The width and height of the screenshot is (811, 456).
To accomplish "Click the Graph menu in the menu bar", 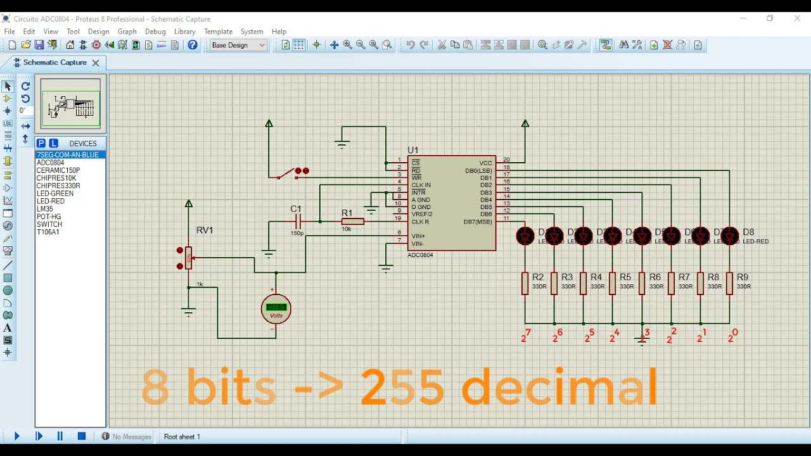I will pyautogui.click(x=127, y=31).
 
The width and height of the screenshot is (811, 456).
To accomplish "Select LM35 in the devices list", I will pyautogui.click(x=44, y=209).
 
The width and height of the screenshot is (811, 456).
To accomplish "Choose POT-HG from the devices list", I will pyautogui.click(x=48, y=217).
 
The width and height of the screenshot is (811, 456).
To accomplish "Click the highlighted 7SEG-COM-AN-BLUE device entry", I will pyautogui.click(x=67, y=155).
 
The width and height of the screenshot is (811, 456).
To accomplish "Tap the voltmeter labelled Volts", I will pyautogui.click(x=276, y=308).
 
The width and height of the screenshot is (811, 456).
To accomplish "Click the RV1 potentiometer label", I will pyautogui.click(x=204, y=231).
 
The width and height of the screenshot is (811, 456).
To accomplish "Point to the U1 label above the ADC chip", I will pyautogui.click(x=412, y=150).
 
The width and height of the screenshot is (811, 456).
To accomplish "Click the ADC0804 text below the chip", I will pyautogui.click(x=421, y=255).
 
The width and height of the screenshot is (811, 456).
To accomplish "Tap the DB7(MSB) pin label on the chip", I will pyautogui.click(x=478, y=222).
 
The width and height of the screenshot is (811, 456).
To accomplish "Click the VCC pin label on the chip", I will pyautogui.click(x=485, y=163).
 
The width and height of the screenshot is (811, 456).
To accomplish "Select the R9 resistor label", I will pyautogui.click(x=743, y=277).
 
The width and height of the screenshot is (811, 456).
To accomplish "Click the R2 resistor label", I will pyautogui.click(x=538, y=277).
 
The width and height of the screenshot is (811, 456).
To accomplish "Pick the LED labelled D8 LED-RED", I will pyautogui.click(x=730, y=236).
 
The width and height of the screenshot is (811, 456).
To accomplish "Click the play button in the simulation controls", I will pyautogui.click(x=17, y=436).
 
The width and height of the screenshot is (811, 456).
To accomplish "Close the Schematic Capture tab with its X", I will pyautogui.click(x=96, y=63).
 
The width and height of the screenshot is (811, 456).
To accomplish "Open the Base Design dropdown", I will pyautogui.click(x=238, y=45).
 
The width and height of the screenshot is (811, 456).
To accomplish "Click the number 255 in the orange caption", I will pyautogui.click(x=402, y=386).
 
